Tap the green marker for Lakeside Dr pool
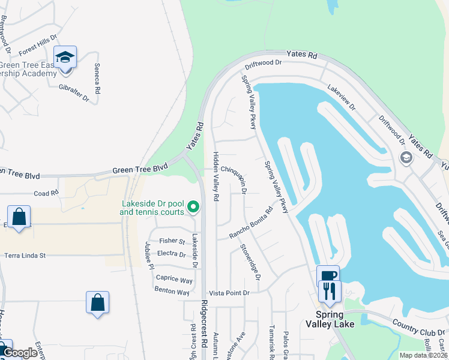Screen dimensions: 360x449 (x=193, y=208)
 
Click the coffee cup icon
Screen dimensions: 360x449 (x=328, y=276)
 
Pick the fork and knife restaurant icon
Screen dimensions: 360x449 (x=330, y=291)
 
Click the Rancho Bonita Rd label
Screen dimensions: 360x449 (x=251, y=223)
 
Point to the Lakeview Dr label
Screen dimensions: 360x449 (x=341, y=97)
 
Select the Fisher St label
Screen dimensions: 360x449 (x=172, y=241)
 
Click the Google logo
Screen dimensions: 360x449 (x=19, y=353)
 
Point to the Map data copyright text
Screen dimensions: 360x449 (x=422, y=355)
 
